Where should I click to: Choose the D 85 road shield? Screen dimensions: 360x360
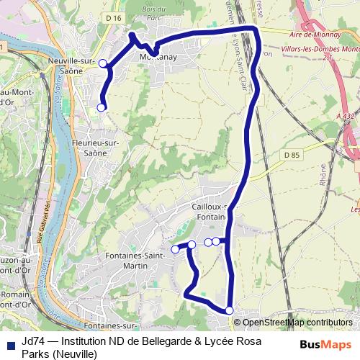(291, 155)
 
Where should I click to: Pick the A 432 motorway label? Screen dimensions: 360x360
(346, 115)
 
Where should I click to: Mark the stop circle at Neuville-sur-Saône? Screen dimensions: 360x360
(103, 63)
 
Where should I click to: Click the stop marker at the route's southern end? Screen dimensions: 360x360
(230, 310)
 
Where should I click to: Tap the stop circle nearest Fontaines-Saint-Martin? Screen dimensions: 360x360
(175, 249)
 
